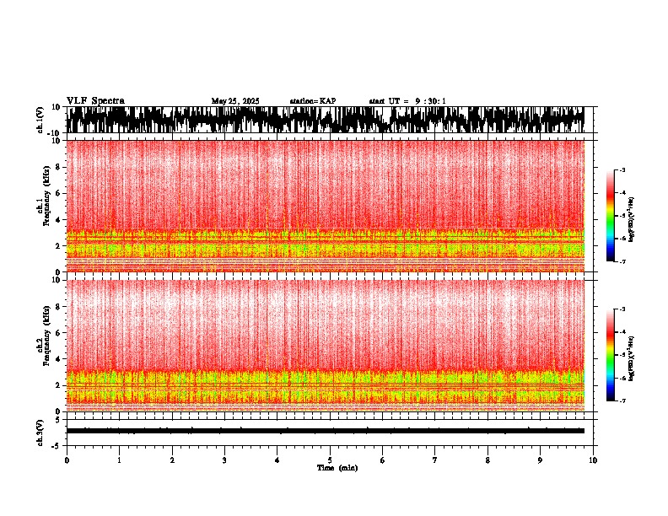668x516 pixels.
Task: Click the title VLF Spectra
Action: pyautogui.click(x=95, y=101)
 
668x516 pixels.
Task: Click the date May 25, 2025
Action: pyautogui.click(x=235, y=101)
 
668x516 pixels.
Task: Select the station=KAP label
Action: pyautogui.click(x=312, y=101)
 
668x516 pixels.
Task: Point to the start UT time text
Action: pyautogui.click(x=407, y=101)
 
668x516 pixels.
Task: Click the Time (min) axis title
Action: pyautogui.click(x=337, y=467)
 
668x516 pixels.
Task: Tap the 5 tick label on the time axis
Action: pyautogui.click(x=330, y=460)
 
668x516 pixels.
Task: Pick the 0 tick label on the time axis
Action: pyautogui.click(x=67, y=460)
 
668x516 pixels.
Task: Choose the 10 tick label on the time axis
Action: pyautogui.click(x=593, y=460)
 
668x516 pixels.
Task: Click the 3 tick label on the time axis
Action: pyautogui.click(x=224, y=460)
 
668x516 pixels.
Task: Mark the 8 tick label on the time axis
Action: pyautogui.click(x=488, y=460)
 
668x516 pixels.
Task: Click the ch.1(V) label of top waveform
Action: pyautogui.click(x=40, y=120)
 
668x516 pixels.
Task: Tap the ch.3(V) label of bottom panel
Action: pyautogui.click(x=40, y=431)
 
